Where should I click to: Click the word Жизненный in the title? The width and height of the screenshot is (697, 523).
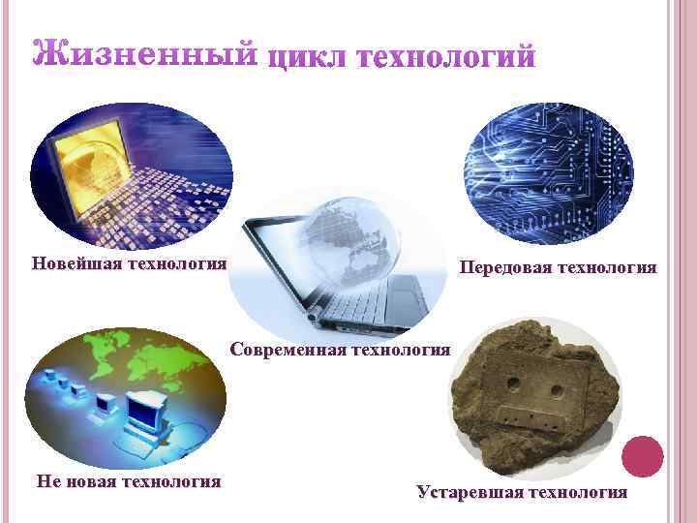click(x=145, y=52)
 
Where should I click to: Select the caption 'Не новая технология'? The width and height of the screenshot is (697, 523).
click(x=128, y=480)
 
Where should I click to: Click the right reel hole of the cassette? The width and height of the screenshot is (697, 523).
click(x=557, y=391)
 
